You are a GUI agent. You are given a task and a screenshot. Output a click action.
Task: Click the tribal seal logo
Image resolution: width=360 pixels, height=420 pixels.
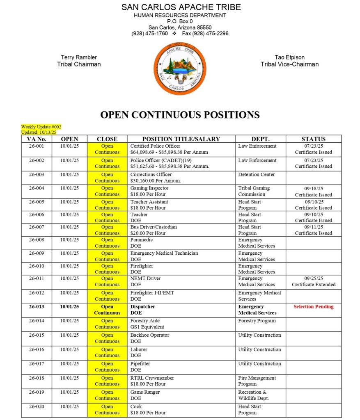[x=180, y=68]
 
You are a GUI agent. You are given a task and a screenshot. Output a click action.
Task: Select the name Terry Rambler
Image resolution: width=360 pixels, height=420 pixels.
[x=79, y=57]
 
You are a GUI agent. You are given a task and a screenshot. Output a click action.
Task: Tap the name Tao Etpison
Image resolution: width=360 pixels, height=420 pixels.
[x=289, y=57]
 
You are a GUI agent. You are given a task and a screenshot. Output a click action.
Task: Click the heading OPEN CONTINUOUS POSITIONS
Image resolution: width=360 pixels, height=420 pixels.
[x=180, y=115]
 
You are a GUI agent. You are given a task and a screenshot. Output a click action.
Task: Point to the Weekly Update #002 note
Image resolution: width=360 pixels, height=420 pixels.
[x=41, y=127]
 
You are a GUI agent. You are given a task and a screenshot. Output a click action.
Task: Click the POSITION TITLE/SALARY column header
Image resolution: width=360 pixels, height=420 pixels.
[x=181, y=139]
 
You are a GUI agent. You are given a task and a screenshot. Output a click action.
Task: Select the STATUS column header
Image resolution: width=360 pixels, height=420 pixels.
[x=313, y=139]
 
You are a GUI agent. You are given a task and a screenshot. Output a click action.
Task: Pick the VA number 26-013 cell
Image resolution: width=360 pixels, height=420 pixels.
[x=37, y=307]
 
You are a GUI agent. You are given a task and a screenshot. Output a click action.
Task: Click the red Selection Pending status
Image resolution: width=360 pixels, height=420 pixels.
[x=313, y=307]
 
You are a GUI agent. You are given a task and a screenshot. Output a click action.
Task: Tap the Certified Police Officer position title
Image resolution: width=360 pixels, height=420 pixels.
[x=155, y=146]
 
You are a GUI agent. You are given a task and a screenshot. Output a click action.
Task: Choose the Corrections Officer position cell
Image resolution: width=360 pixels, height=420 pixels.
[x=151, y=177]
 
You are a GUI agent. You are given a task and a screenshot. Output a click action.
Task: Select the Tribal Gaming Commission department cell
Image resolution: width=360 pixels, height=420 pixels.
[x=254, y=191]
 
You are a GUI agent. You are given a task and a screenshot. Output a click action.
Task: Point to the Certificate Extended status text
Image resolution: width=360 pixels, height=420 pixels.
[x=313, y=285]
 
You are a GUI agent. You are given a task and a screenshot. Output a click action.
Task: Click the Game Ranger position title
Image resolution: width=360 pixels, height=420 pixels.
[x=144, y=392]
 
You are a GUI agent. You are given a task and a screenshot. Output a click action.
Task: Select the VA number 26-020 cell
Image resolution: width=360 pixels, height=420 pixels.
[x=37, y=406]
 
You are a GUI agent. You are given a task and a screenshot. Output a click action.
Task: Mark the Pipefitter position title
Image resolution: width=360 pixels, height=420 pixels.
[x=140, y=363]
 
